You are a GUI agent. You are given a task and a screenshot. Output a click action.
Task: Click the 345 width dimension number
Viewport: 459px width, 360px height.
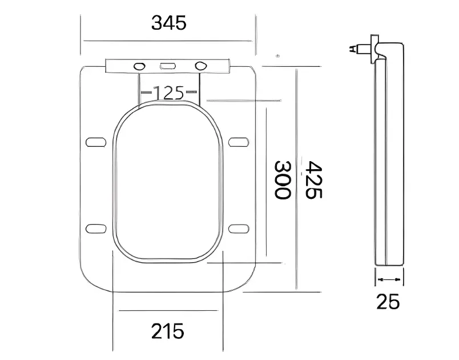tap(168, 23)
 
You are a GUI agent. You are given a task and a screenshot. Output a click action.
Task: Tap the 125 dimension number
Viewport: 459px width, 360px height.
tap(169, 93)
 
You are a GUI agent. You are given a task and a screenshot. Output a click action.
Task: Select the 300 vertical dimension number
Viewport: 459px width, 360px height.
tap(282, 179)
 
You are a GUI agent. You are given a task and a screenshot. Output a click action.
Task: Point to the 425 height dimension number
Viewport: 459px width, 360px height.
tap(313, 179)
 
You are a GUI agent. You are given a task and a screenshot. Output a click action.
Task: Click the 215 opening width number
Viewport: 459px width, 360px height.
tap(168, 331)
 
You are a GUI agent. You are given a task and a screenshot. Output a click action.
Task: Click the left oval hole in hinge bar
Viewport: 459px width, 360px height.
tap(139, 66)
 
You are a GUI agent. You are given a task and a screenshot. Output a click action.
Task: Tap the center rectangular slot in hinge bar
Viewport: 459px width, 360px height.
tap(168, 66)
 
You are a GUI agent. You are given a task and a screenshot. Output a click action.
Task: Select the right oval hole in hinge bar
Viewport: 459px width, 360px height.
tap(201, 66)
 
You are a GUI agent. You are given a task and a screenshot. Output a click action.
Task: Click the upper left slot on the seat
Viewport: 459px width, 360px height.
tap(96, 142)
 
